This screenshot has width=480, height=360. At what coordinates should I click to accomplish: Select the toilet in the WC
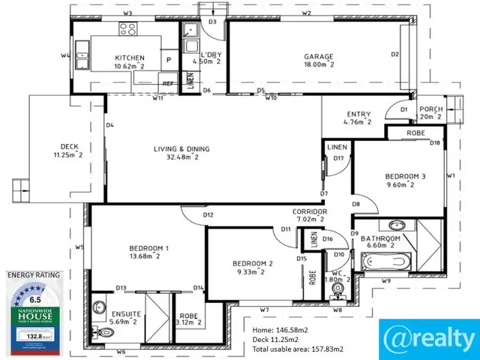click(337, 291)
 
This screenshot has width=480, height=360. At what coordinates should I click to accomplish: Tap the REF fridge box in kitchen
click(168, 84)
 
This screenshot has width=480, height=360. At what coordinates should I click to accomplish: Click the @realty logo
click(429, 334)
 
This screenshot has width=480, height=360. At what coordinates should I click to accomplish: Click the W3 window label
click(127, 13)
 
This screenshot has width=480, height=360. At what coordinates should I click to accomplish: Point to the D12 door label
click(208, 215)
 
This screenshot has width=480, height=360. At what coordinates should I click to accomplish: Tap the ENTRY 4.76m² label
click(358, 118)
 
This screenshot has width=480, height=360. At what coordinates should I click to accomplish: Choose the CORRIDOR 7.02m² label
click(310, 215)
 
